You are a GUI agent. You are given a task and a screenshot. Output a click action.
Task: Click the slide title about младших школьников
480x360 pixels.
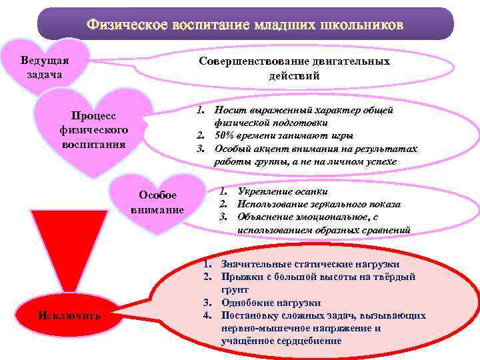pyautogui.click(x=244, y=25)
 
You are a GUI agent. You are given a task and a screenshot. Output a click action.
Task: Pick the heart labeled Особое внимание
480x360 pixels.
pyautogui.click(x=157, y=202)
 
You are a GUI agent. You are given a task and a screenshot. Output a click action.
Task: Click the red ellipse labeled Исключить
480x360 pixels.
pyautogui.click(x=69, y=315)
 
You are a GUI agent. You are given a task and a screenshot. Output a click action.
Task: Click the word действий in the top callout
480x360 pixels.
pyautogui.click(x=295, y=76)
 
